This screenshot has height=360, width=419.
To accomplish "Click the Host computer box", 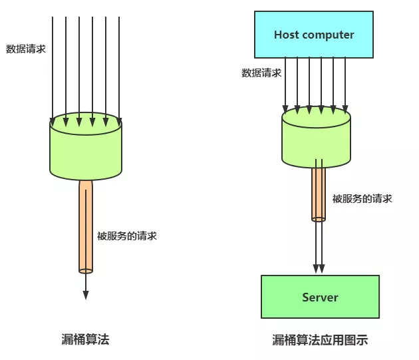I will tap(314, 35).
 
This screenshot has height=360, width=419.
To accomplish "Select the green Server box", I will tap(320, 297).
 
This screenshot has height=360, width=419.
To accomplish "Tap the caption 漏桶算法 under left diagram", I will tap(85, 339).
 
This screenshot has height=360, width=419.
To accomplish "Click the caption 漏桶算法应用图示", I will tap(320, 340).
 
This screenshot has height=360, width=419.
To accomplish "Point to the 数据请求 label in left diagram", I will tap(26, 49).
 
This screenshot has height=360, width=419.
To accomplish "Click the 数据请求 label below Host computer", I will tap(261, 73).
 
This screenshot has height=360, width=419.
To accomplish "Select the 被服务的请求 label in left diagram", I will tap(127, 236).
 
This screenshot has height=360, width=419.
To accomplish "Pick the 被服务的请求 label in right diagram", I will tap(362, 198).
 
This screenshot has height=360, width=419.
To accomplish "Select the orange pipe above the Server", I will tap(319, 193).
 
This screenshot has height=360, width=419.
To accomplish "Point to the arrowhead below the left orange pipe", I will tap(86, 294).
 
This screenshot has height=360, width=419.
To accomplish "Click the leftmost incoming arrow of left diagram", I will tap(53, 67).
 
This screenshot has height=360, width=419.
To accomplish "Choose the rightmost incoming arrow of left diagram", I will tap(119, 67).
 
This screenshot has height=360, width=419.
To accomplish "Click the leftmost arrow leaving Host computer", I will tap(285, 83).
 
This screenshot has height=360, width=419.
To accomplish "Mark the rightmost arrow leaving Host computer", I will tap(345, 83).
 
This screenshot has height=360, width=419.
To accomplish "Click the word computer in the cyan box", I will tap(328, 35).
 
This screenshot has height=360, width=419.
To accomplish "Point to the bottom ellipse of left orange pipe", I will tap(86, 270).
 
